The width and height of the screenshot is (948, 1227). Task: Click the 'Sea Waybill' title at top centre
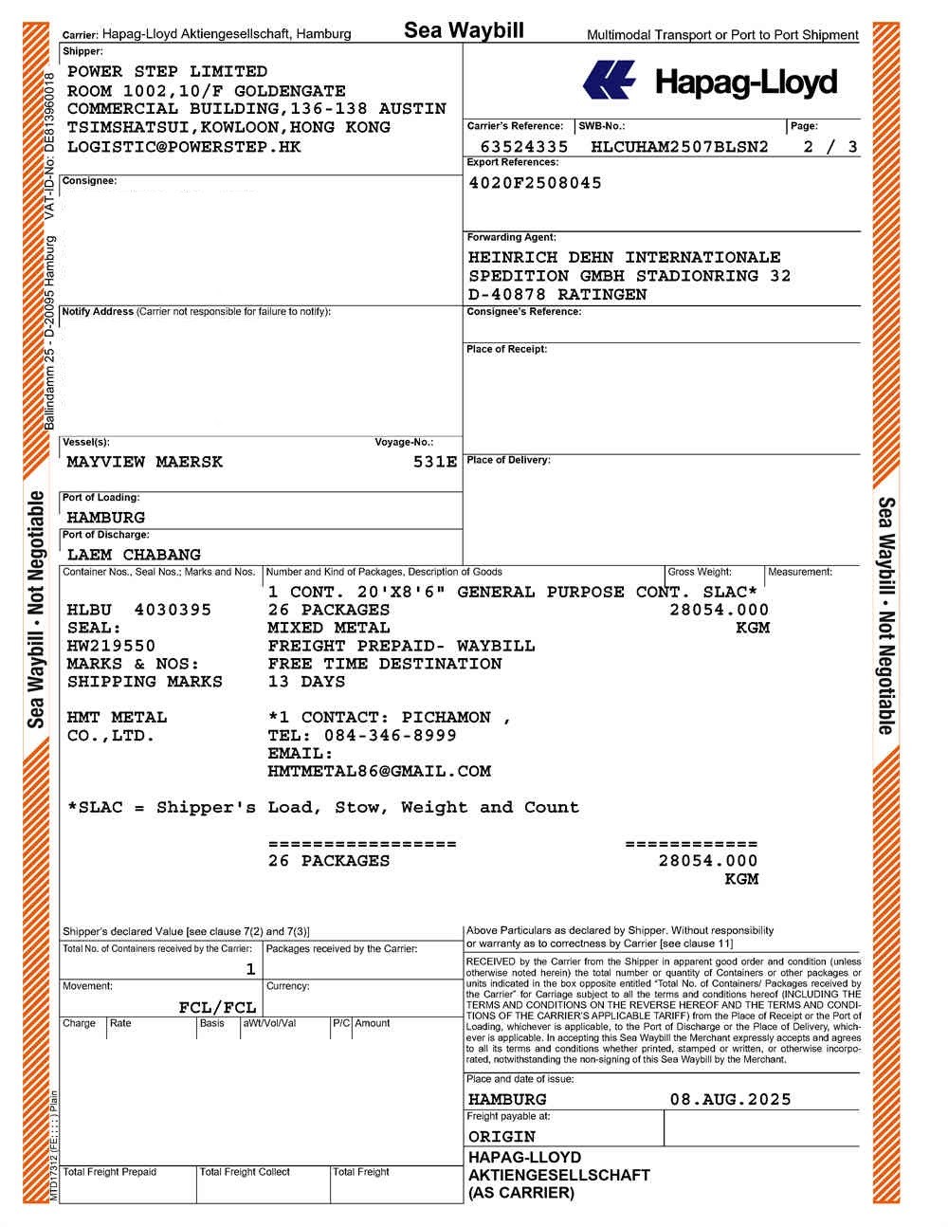click(464, 30)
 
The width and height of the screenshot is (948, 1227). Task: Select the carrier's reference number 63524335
click(524, 147)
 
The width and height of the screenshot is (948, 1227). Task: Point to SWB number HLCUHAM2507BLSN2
click(679, 147)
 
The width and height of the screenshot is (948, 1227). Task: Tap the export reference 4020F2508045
click(535, 183)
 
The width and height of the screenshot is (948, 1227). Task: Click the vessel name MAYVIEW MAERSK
click(144, 462)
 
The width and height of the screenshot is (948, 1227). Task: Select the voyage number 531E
click(435, 462)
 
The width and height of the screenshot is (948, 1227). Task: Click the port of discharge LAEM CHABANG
click(134, 555)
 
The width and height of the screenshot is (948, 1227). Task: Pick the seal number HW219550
click(111, 646)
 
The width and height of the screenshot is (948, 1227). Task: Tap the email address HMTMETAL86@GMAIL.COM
click(379, 771)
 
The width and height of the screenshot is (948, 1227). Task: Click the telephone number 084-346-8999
click(390, 735)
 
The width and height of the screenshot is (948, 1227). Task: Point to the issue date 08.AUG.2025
click(730, 1099)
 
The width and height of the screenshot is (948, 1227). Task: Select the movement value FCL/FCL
click(217, 1007)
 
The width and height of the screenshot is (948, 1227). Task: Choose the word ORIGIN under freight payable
click(501, 1136)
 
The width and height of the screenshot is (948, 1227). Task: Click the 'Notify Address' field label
click(98, 312)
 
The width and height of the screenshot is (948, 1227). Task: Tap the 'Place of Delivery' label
click(507, 460)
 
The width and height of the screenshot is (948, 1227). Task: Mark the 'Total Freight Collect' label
click(245, 1172)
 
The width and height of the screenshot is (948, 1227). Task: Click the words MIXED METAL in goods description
click(328, 628)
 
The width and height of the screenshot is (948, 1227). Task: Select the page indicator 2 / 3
click(829, 147)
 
